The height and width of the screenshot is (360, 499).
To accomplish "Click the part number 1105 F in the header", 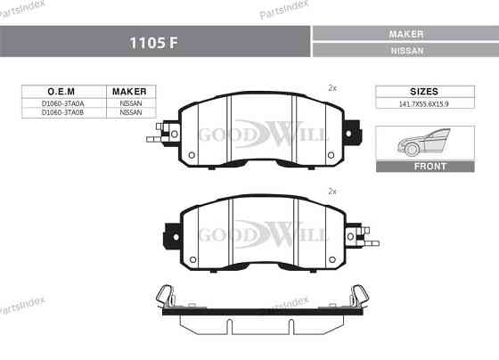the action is pos(153,43).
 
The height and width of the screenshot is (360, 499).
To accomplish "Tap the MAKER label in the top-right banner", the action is pos(406,34).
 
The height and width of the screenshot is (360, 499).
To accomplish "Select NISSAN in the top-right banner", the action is pos(407,51).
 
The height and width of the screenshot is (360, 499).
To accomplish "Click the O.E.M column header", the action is pos(61,92).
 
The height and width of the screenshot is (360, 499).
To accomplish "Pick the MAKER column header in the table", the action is pos(129,92).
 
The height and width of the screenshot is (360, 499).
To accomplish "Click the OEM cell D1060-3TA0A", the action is pos(62,103).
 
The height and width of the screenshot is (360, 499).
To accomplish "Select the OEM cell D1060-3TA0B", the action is pos(62,112).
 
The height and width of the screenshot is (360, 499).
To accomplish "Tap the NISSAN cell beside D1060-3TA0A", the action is pos(131,103).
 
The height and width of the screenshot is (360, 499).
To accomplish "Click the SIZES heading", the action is pos(424,92).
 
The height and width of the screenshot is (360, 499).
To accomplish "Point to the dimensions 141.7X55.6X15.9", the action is pos(424,104).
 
